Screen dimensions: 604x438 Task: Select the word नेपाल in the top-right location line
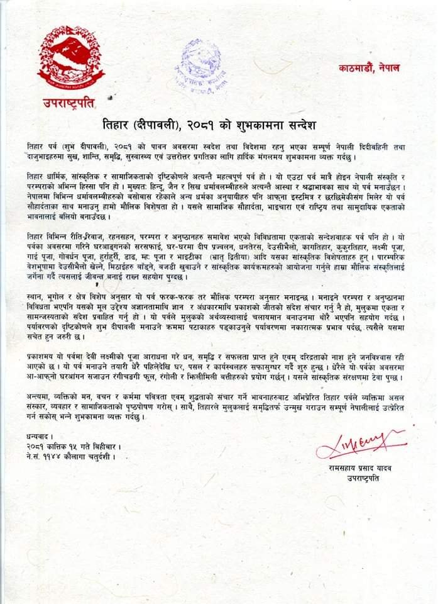click(389, 67)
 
